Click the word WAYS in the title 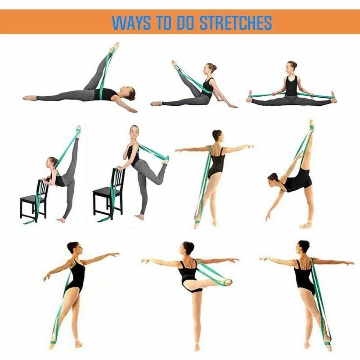(x=131, y=22)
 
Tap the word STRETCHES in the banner (x=236, y=22)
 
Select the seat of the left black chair (x=29, y=198)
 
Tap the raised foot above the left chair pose (x=78, y=131)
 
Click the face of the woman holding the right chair (x=134, y=131)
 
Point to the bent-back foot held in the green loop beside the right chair (x=166, y=160)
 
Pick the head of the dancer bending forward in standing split (x=274, y=178)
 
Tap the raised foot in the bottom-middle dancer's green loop (x=227, y=282)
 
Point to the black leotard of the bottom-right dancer (x=303, y=277)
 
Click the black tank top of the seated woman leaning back (x=208, y=85)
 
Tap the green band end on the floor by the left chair (x=29, y=222)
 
